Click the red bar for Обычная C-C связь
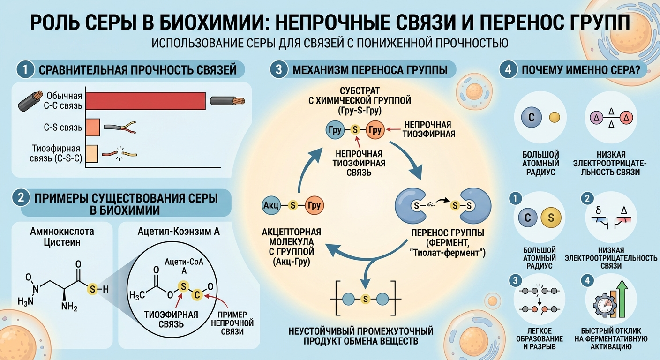tap(146, 101)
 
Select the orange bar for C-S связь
tap(93, 127)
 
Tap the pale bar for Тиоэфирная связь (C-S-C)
tap(92, 154)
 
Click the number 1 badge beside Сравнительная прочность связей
tap(25, 69)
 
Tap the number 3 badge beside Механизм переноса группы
tap(278, 69)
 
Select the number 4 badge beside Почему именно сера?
tap(508, 69)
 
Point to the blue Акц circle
tap(271, 205)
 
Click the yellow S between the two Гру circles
tap(355, 130)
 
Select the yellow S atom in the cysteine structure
tap(92, 289)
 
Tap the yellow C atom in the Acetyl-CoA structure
tap(197, 294)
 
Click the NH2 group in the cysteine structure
tap(69, 307)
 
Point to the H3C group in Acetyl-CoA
tap(137, 295)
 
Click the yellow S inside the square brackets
tap(365, 300)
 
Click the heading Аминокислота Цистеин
tap(62, 237)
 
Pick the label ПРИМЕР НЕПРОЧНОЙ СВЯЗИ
tap(232, 323)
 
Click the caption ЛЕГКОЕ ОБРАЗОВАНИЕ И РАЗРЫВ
tap(540, 339)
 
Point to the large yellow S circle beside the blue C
tap(551, 217)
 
